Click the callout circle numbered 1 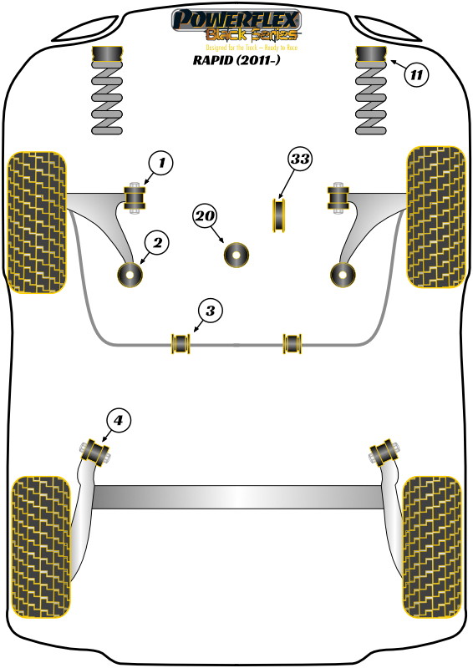[161, 164]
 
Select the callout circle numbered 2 [156, 243]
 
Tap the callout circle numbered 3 [210, 311]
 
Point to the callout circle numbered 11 [416, 75]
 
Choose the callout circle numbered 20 [205, 217]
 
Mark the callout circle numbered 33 [299, 159]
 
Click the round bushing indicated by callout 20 [237, 254]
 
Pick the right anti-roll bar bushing [292, 342]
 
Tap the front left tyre [36, 221]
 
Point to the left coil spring [107, 100]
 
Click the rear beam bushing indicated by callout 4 [98, 451]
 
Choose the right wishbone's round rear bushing [342, 274]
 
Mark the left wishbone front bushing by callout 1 [135, 198]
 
